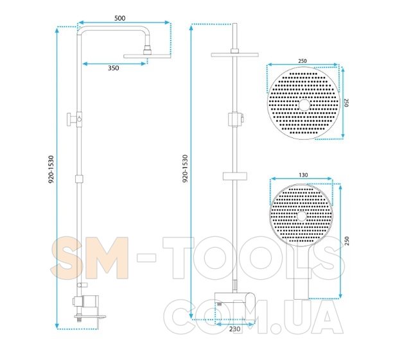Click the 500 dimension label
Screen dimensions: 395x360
[x=119, y=18]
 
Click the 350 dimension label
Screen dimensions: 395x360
[x=113, y=68]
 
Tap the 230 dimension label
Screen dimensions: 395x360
[x=235, y=329]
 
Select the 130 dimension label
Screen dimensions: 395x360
[x=303, y=175]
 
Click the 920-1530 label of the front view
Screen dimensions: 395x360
[x=185, y=169]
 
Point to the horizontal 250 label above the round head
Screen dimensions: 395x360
[x=303, y=61]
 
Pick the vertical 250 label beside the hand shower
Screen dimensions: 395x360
[x=347, y=241]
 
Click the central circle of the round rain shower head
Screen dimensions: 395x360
[x=304, y=105]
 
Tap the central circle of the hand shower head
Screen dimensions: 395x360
[x=301, y=216]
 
